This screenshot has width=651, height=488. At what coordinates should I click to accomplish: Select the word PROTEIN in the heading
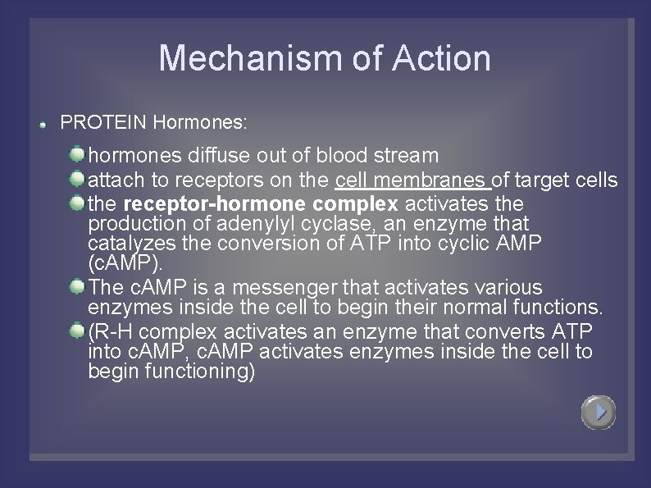[x=103, y=123]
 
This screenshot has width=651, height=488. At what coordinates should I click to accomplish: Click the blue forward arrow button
[x=599, y=412]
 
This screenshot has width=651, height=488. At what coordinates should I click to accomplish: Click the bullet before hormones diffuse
[x=77, y=154]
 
